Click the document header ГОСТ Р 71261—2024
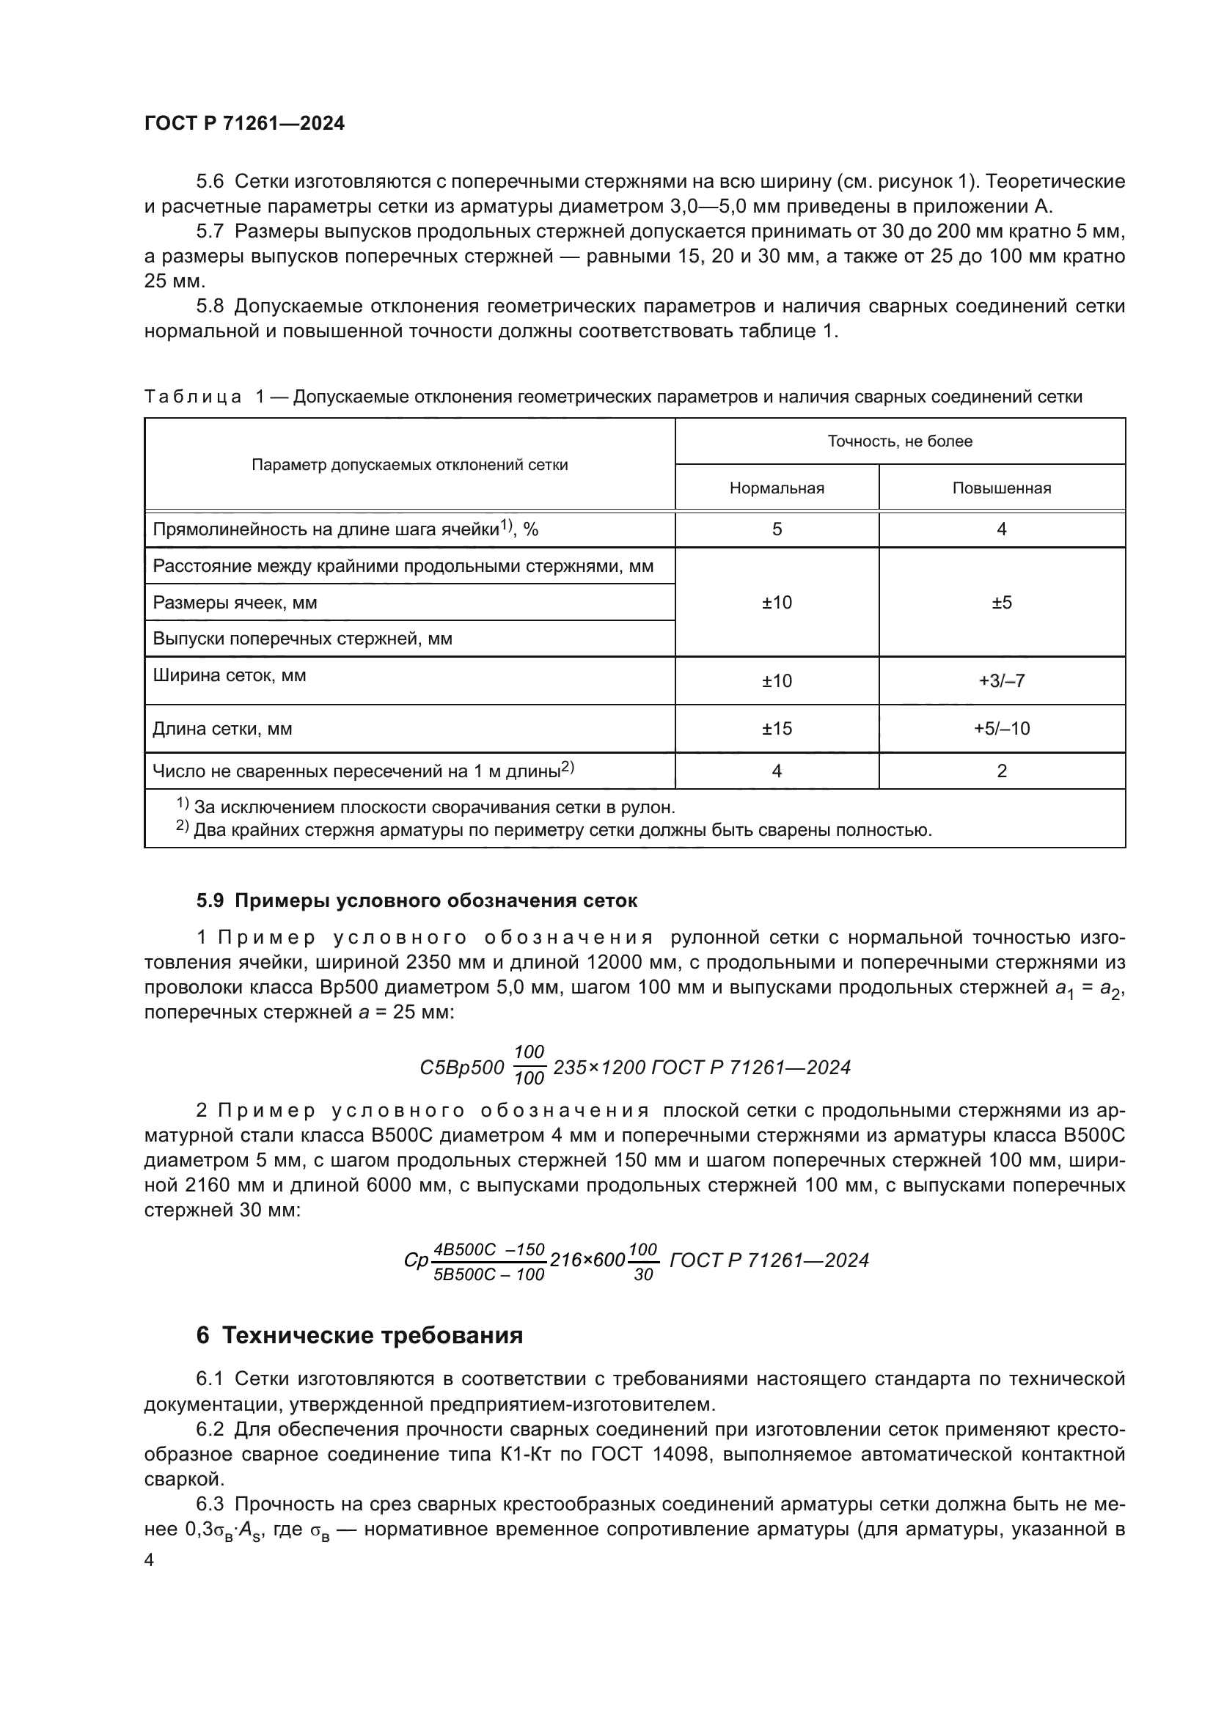tap(244, 124)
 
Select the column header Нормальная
tap(776, 488)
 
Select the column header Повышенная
tap(1001, 488)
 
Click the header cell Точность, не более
tap(899, 441)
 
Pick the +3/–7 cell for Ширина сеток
tap(1001, 681)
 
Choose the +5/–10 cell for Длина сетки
tap(1001, 728)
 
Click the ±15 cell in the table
tap(776, 728)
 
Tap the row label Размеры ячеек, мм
tap(235, 603)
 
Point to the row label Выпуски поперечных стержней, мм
tap(301, 639)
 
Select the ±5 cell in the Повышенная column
tap(1001, 603)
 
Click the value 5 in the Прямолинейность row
tap(776, 529)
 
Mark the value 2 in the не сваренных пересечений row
tap(1001, 771)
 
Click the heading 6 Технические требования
tap(359, 1334)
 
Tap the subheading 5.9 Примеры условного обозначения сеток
tap(417, 901)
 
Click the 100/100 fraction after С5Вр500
tap(529, 1066)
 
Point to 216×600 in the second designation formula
tap(587, 1260)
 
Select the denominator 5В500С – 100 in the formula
tap(489, 1275)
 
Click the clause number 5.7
tap(209, 232)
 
